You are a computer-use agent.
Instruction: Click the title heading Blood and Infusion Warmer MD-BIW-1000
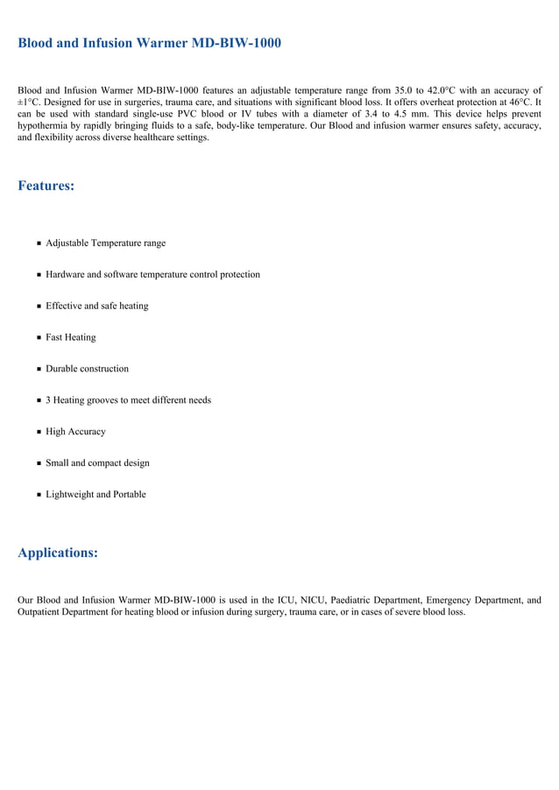point(149,43)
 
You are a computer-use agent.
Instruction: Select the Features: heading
point(46,187)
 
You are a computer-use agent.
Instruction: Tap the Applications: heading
point(58,553)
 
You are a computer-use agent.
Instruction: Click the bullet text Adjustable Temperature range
point(105,243)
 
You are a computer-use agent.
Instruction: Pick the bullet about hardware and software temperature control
point(152,274)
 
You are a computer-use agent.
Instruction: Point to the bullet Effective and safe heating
point(96,306)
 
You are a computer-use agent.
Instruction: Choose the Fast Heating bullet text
point(71,337)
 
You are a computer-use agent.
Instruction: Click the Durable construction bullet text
point(87,369)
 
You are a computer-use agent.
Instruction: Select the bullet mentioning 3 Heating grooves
point(128,400)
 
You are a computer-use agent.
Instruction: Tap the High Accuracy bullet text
point(75,432)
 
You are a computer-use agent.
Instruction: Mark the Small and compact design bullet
point(97,463)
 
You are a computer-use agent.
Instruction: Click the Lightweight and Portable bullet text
point(96,495)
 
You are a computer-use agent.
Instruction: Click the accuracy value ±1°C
point(29,102)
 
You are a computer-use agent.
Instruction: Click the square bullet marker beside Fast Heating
point(39,338)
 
